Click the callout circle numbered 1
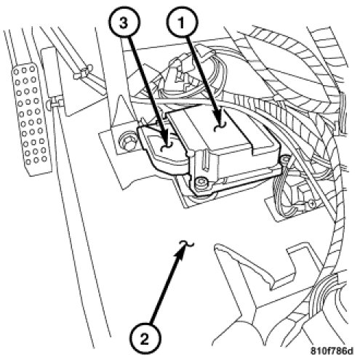[x=182, y=23]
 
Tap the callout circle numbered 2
[x=145, y=339]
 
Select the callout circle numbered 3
[x=124, y=23]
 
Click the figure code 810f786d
[x=332, y=351]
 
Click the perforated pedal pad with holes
[x=31, y=119]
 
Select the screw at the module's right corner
[x=284, y=159]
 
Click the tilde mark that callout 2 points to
[x=187, y=244]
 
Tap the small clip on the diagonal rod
[x=83, y=72]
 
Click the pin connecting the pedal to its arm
[x=54, y=103]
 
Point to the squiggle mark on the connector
[x=167, y=148]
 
